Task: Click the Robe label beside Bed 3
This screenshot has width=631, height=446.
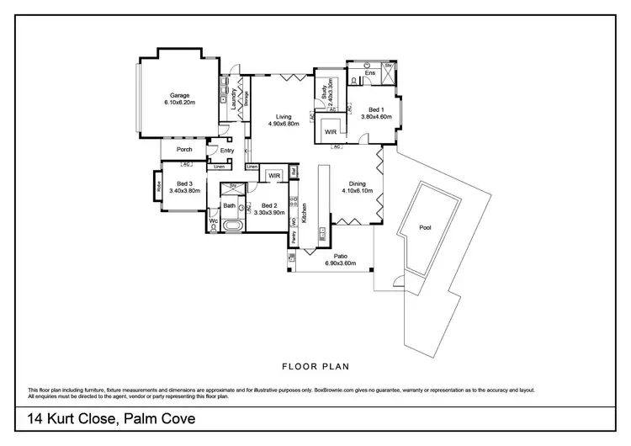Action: (x=156, y=187)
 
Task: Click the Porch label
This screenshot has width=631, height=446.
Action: (x=184, y=150)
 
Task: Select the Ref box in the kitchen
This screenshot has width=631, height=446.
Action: (x=293, y=173)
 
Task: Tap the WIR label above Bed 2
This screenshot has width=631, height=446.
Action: (x=274, y=176)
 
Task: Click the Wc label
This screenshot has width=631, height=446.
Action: (x=213, y=223)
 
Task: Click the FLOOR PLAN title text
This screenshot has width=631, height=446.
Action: (x=315, y=366)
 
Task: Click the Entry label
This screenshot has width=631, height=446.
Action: (x=227, y=151)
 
